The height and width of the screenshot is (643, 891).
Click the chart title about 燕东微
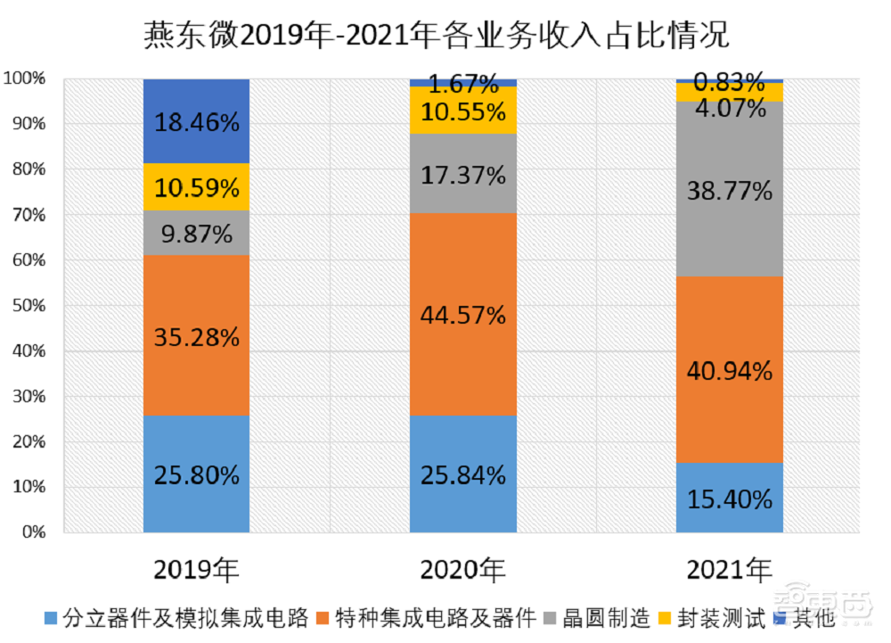click(x=437, y=35)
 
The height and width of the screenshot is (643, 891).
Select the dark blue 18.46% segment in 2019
click(x=196, y=121)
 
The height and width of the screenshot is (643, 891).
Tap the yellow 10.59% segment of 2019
click(x=196, y=187)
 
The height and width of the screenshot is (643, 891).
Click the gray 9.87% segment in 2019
click(x=196, y=233)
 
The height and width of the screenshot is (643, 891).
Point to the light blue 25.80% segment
click(x=196, y=474)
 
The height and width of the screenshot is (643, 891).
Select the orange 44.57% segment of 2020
click(x=462, y=315)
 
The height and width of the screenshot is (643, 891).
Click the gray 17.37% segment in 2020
click(x=462, y=174)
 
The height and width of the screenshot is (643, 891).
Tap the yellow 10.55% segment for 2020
click(x=462, y=111)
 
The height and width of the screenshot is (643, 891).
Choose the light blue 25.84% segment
click(x=462, y=474)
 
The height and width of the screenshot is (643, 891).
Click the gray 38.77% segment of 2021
click(x=729, y=189)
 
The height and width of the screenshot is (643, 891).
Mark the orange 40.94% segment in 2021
click(x=729, y=369)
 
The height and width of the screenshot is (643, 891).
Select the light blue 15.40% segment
click(x=729, y=498)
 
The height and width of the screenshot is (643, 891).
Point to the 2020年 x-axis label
click(x=462, y=568)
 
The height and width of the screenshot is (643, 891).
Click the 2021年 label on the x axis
click(x=729, y=568)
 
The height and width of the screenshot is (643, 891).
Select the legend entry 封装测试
click(x=711, y=617)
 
